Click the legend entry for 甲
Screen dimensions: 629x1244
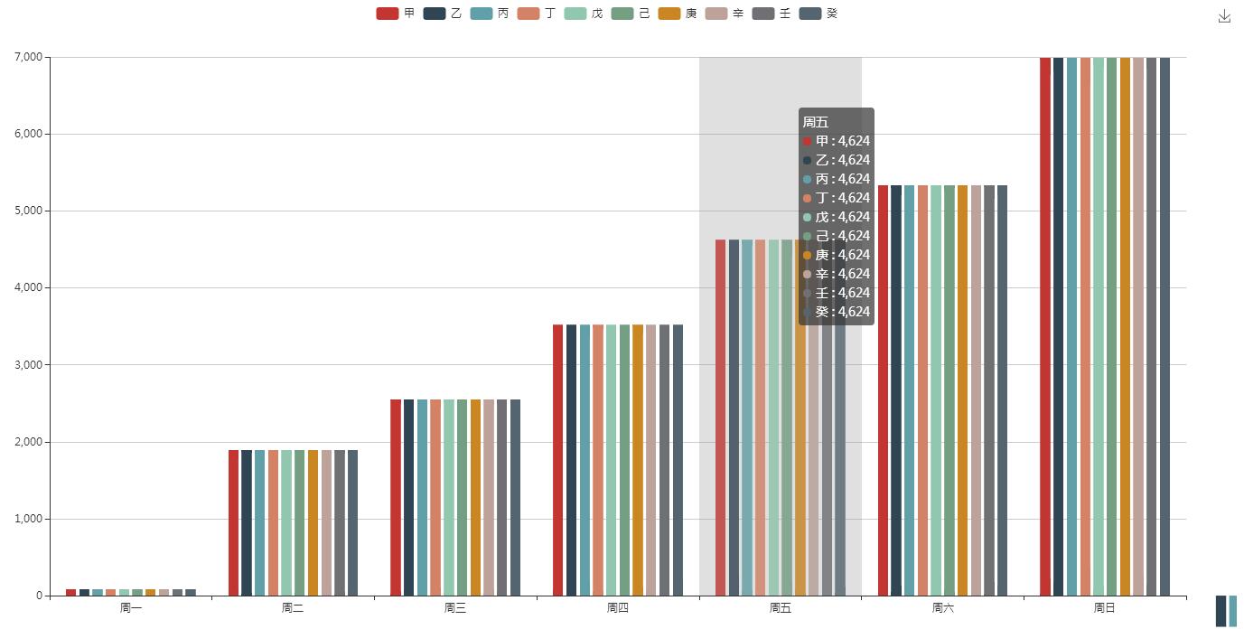tap(396, 14)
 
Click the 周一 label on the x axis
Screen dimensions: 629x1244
tap(131, 608)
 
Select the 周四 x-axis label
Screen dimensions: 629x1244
tap(618, 608)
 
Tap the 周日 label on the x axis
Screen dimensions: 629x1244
tap(1104, 608)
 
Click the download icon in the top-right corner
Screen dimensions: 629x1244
tap(1224, 16)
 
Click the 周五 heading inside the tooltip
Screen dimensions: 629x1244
tap(816, 122)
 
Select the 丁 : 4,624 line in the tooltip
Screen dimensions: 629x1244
tap(837, 198)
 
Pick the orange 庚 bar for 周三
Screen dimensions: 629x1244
tap(475, 497)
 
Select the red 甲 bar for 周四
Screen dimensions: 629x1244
tap(557, 460)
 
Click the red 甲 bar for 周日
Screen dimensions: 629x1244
tap(1045, 326)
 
